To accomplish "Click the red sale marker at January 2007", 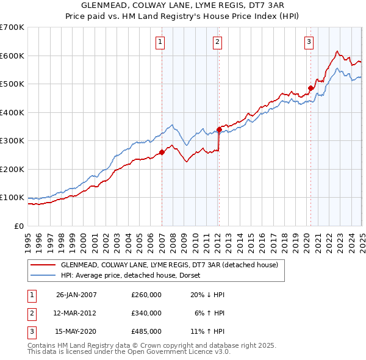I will pyautogui.click(x=162, y=153).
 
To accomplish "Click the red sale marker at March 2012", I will pyautogui.click(x=219, y=129).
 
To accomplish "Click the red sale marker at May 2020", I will pyautogui.click(x=310, y=88).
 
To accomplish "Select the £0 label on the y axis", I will pyautogui.click(x=20, y=226).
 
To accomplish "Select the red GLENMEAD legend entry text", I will pyautogui.click(x=169, y=265).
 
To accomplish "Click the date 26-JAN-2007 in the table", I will pyautogui.click(x=76, y=294).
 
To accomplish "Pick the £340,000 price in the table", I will pyautogui.click(x=146, y=313).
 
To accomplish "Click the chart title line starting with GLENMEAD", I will pyautogui.click(x=183, y=5).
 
